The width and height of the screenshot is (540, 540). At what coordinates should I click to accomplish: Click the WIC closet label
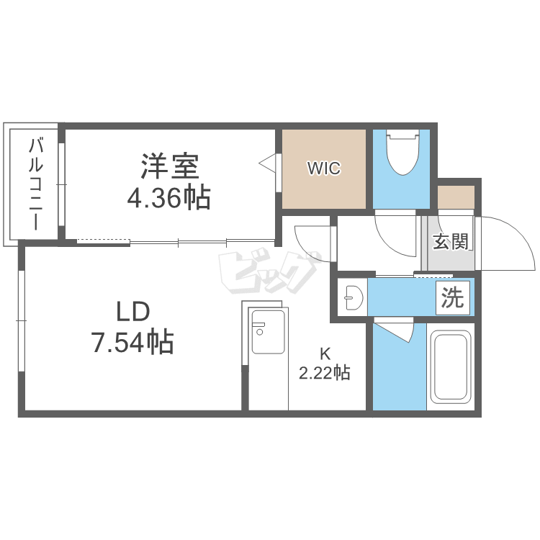coord(324,168)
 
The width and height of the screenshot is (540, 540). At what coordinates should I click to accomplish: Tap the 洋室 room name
coord(170,166)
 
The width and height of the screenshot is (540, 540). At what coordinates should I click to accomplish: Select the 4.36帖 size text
coord(168,198)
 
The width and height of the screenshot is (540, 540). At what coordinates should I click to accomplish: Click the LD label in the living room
coord(133,311)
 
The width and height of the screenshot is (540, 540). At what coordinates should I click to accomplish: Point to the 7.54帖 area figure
coord(132,341)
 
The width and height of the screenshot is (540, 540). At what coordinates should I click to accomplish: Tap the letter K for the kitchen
coord(325,354)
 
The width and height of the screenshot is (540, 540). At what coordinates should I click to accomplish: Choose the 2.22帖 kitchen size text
coord(325,373)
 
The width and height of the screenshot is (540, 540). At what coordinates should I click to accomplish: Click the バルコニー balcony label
coord(36,184)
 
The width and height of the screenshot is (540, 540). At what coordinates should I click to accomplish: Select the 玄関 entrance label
coord(451,241)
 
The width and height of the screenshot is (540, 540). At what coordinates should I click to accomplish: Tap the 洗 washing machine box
coord(453,297)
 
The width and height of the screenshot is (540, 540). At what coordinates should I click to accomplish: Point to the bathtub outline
coord(451,366)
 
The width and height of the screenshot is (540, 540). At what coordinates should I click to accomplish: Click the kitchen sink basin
coord(269,332)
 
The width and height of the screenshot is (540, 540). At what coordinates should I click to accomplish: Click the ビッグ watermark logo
coord(268,272)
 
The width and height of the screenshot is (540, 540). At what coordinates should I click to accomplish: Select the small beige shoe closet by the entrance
coord(456,197)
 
